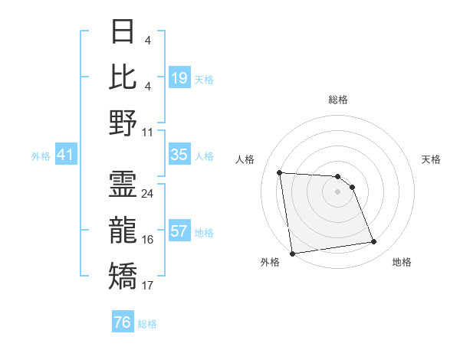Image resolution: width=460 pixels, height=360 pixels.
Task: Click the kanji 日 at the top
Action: point(123,32)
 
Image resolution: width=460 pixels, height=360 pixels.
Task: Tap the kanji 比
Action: point(123,77)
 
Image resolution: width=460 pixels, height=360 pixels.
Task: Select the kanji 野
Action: point(123,123)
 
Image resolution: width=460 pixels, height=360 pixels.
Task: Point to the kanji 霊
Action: point(123,184)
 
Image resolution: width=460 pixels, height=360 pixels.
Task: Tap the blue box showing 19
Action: point(179,78)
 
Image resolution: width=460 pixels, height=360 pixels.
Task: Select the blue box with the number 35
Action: point(179,155)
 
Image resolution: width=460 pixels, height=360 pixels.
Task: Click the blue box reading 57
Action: point(179,231)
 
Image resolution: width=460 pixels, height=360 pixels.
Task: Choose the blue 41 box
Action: point(65,155)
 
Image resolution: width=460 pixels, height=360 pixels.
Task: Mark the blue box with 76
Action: point(123,322)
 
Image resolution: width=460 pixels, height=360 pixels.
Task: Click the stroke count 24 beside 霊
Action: point(148,193)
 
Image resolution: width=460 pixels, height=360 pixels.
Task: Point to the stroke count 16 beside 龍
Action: point(148,240)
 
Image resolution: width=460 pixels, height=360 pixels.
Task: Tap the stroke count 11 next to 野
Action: point(148,132)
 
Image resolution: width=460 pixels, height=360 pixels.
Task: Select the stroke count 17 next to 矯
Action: point(148,286)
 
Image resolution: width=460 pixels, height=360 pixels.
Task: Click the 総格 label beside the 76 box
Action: point(147,324)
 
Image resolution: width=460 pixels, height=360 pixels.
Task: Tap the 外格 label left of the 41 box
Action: point(41,156)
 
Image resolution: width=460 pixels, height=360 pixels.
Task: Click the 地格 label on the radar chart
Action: point(402,262)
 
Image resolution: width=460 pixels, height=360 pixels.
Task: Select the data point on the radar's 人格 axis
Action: point(280,172)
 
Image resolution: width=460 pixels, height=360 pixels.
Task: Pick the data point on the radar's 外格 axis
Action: point(292,253)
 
